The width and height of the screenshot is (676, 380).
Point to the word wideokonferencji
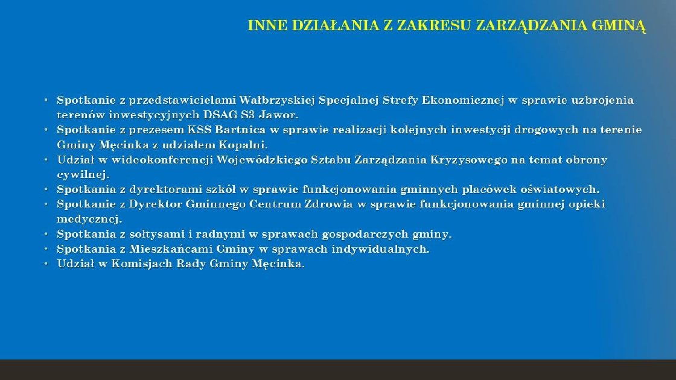162,160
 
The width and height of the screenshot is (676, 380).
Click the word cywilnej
83,175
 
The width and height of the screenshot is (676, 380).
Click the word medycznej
90,220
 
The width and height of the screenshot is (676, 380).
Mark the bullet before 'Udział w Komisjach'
46,263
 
